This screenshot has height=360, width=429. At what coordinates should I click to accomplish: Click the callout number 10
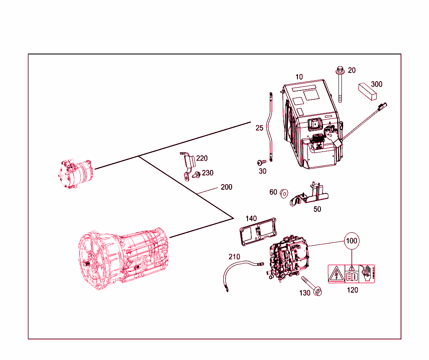pyautogui.click(x=299, y=77)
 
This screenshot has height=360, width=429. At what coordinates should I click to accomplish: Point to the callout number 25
pyautogui.click(x=259, y=128)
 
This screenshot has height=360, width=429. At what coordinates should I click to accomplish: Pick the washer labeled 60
pyautogui.click(x=284, y=193)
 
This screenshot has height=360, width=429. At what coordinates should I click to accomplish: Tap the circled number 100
pyautogui.click(x=351, y=241)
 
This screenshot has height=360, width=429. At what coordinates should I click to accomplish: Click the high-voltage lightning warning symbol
pyautogui.click(x=336, y=274)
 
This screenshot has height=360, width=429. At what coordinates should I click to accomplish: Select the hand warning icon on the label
pyautogui.click(x=367, y=274)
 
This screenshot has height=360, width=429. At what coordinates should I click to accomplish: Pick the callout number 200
pyautogui.click(x=226, y=187)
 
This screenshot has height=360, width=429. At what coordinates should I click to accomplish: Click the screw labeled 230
pyautogui.click(x=195, y=176)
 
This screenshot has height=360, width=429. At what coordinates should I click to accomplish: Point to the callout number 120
pyautogui.click(x=353, y=290)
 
